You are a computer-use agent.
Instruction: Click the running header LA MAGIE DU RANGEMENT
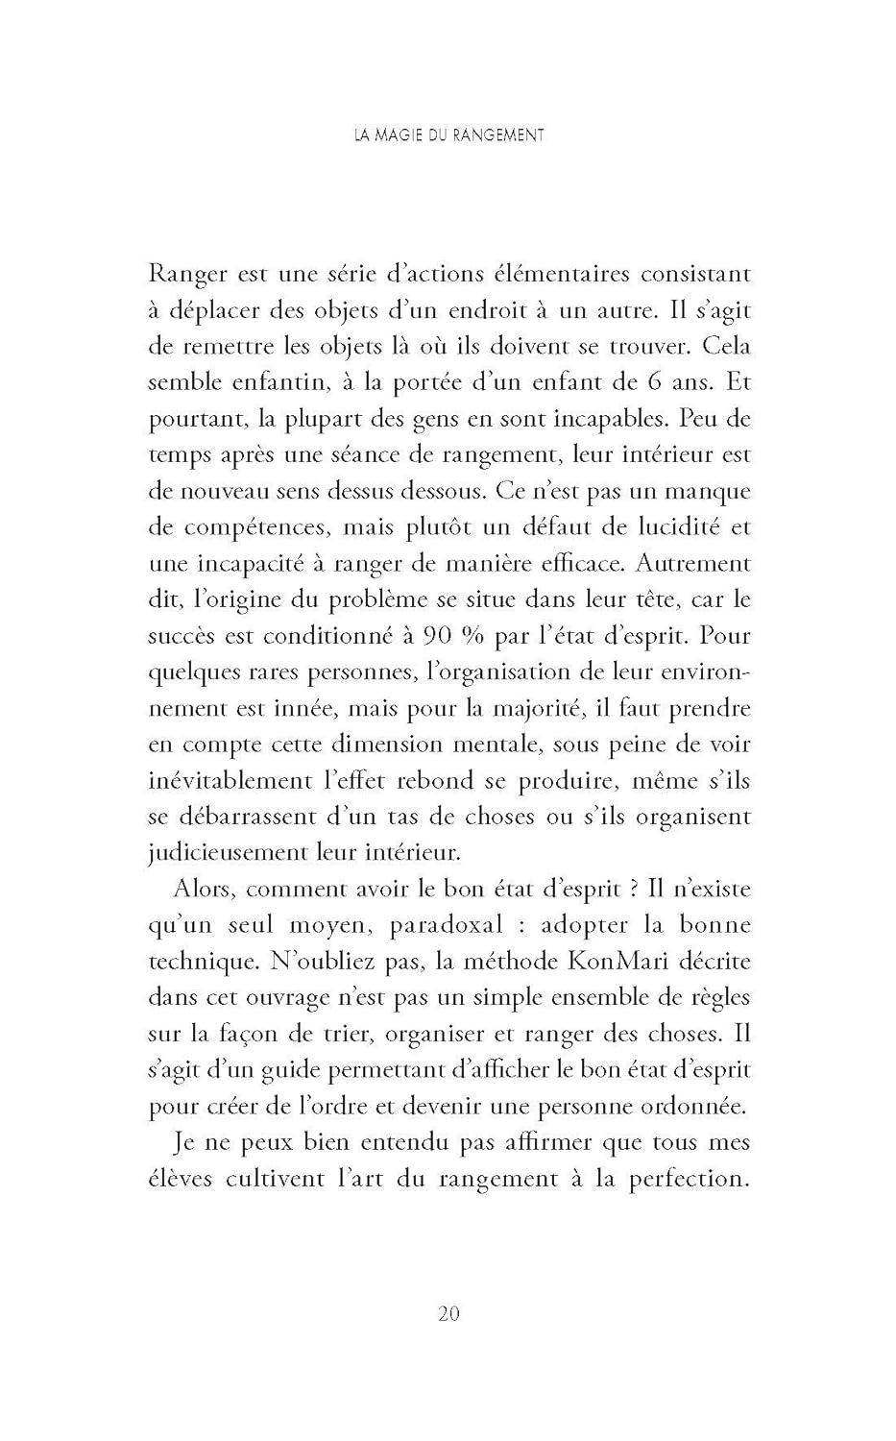point(448,135)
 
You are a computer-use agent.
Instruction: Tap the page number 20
point(448,1313)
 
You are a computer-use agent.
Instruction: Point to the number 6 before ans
point(653,382)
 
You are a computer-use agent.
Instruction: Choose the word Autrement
point(693,564)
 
